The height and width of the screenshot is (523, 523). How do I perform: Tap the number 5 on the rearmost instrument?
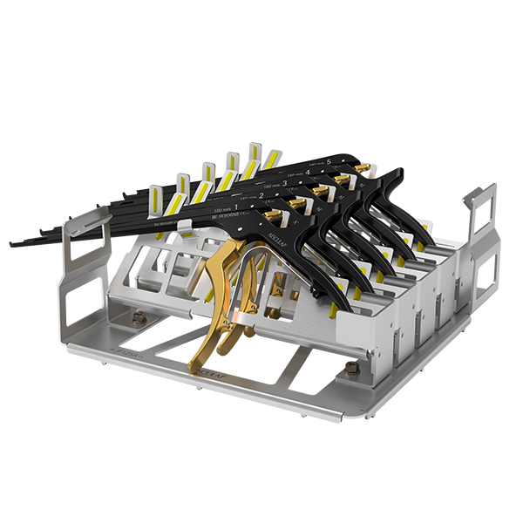328,160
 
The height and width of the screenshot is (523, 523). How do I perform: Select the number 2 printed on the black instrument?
260,195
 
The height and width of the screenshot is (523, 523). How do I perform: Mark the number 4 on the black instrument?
307,172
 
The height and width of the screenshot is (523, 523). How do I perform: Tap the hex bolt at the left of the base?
138,320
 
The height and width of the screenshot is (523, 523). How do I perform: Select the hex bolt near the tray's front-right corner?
352,370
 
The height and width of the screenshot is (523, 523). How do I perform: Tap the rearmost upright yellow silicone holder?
255,153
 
